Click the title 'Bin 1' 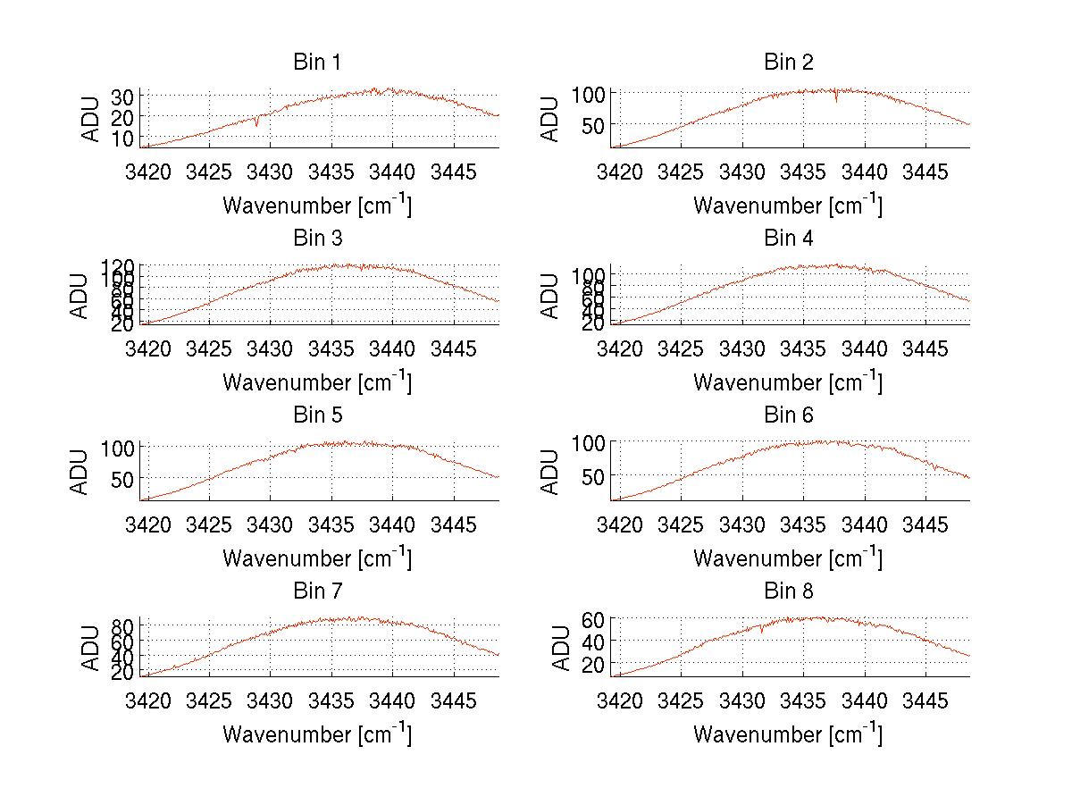point(317,62)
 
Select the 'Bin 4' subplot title point(789,239)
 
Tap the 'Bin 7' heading point(317,591)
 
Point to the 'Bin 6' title point(789,415)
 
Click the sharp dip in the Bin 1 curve point(257,124)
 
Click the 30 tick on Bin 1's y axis point(123,96)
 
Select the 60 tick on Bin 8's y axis point(595,618)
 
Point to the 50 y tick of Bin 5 point(123,478)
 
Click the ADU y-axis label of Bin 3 point(80,296)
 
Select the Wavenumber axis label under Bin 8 point(787,734)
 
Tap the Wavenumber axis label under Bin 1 point(316,205)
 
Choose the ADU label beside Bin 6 point(550,472)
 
